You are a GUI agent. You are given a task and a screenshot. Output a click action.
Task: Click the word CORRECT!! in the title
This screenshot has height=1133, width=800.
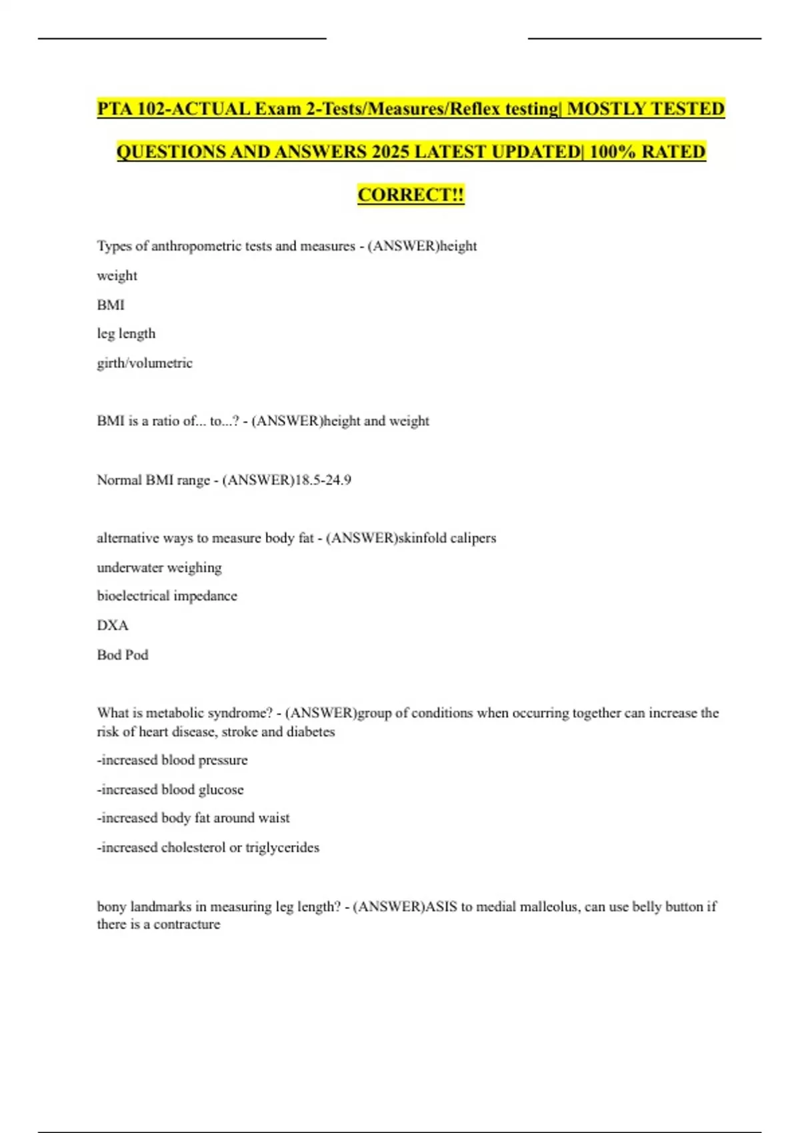[411, 195]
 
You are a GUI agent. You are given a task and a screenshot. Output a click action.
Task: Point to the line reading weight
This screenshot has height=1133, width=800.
[117, 276]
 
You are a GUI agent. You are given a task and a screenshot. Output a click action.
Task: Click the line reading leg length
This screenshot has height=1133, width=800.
[126, 333]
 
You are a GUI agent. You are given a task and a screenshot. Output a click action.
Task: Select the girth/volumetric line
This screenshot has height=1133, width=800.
[145, 363]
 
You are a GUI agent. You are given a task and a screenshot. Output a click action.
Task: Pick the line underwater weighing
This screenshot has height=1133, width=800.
[159, 568]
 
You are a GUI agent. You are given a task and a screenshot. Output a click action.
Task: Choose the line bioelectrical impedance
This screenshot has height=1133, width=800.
[167, 596]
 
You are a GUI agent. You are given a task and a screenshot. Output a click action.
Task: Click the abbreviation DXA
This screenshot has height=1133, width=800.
[112, 625]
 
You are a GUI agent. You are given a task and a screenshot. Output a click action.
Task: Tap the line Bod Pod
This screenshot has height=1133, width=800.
[123, 654]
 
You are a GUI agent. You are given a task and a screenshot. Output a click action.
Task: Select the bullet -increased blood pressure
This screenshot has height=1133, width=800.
[172, 760]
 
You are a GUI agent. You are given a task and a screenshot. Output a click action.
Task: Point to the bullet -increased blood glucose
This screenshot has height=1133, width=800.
[170, 790]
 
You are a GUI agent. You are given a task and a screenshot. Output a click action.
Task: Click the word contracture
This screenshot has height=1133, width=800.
[187, 924]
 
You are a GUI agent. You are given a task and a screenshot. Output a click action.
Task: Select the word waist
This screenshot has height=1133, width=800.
[274, 818]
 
